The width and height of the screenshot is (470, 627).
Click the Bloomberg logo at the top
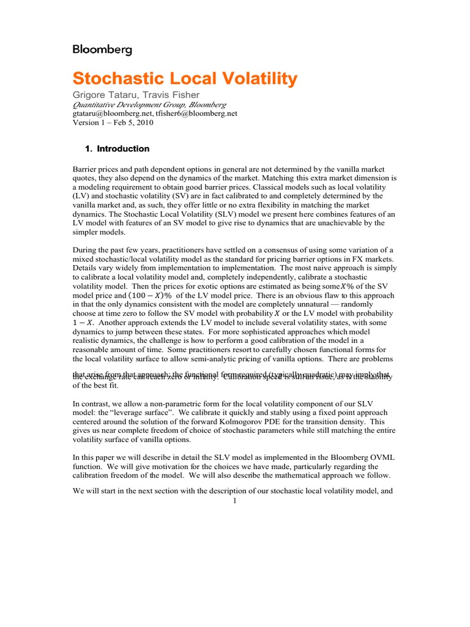(102, 50)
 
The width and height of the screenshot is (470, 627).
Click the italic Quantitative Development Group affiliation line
(149, 105)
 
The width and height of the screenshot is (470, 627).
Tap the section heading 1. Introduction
(116, 149)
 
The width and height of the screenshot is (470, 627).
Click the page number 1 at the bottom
(234, 501)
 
